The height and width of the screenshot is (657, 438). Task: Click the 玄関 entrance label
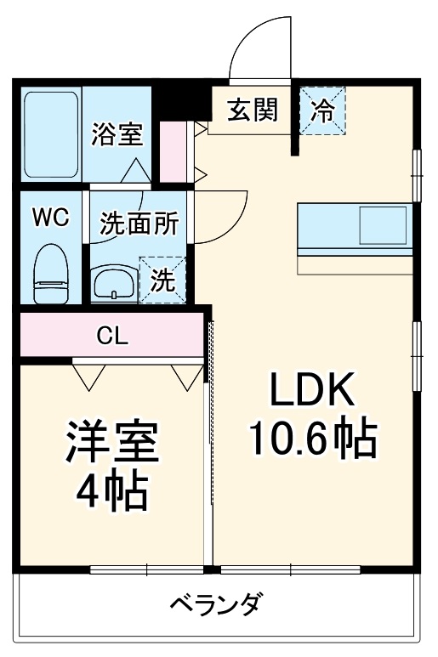coord(252,110)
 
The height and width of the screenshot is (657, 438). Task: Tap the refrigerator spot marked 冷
coord(323,110)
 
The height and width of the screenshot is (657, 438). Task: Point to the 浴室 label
coord(117,133)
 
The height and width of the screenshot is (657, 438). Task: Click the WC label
coord(49,216)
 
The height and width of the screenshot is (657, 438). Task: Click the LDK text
coord(311,392)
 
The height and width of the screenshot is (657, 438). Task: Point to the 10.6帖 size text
coord(312,439)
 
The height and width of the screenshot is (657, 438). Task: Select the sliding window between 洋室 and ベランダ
coord(146,569)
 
